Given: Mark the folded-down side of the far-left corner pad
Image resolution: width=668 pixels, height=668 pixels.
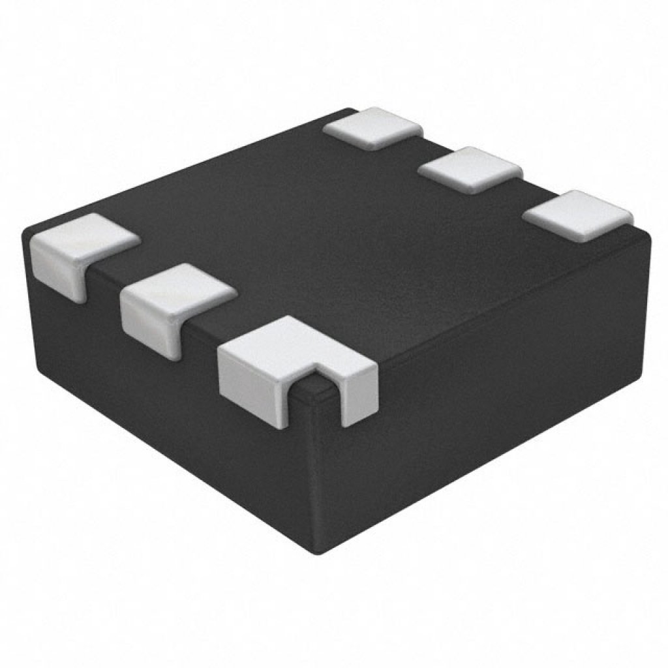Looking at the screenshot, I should click(59, 274).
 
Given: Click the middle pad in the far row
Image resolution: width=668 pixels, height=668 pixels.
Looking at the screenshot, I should click(470, 168).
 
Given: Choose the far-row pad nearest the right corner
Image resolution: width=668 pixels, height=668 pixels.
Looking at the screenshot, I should click(577, 212).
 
